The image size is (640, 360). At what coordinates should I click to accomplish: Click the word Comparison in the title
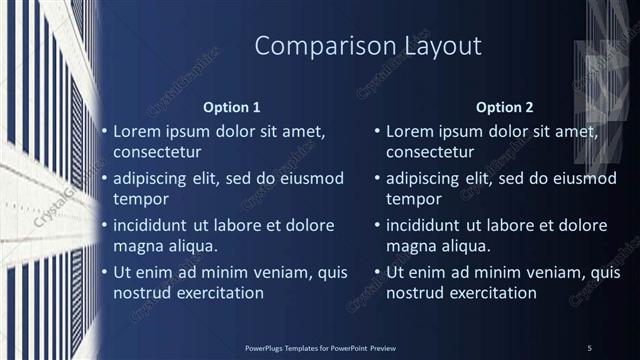tap(311, 46)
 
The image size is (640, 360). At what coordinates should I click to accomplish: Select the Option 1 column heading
tap(231, 107)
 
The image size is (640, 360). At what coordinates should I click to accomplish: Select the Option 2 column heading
tap(504, 107)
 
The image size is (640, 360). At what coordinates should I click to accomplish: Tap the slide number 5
tap(590, 347)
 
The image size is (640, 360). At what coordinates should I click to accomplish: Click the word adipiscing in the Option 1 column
tap(156, 179)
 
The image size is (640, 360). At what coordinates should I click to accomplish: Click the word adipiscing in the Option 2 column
tap(429, 179)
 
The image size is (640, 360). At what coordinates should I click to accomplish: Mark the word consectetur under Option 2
tap(430, 153)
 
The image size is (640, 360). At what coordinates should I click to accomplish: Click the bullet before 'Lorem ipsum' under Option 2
tap(377, 131)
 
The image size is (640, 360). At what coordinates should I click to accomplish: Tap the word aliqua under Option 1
tap(189, 246)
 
